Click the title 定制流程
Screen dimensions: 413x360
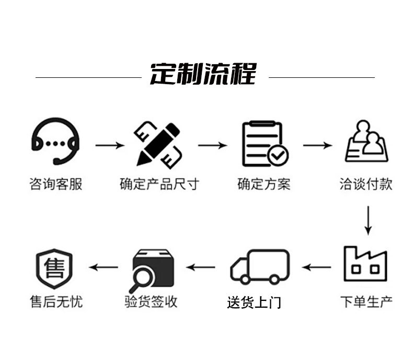coord(203,74)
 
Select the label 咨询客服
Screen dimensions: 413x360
coord(55,184)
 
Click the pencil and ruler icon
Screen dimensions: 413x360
coord(158,145)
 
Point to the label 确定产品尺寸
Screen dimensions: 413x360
coord(159,184)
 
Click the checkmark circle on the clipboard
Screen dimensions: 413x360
coord(278,155)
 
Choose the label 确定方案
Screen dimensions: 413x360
coord(263,184)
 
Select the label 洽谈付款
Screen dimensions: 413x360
coord(366,184)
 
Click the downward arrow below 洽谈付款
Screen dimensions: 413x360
coord(368,220)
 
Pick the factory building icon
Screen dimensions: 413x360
coord(365,264)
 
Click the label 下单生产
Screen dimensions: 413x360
coord(366,301)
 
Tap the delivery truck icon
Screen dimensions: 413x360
coord(260,267)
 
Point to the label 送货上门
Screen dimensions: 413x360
coord(254,303)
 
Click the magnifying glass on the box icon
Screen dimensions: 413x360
coord(142,279)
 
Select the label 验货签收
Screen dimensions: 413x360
coord(151,301)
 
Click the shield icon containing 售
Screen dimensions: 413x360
coord(54,269)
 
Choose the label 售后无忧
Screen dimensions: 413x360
coord(56,301)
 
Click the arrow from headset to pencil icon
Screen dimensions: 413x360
coord(110,145)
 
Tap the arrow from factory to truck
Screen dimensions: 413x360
coord(316,268)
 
